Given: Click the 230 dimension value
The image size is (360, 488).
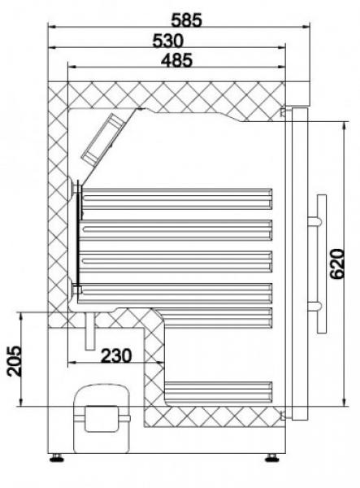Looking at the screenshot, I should point(115,355).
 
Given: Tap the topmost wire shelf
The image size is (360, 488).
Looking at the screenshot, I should point(176,195).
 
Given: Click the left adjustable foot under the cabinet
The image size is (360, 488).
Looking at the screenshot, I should point(59,458).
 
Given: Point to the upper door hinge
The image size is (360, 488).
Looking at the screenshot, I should point(284,111).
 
